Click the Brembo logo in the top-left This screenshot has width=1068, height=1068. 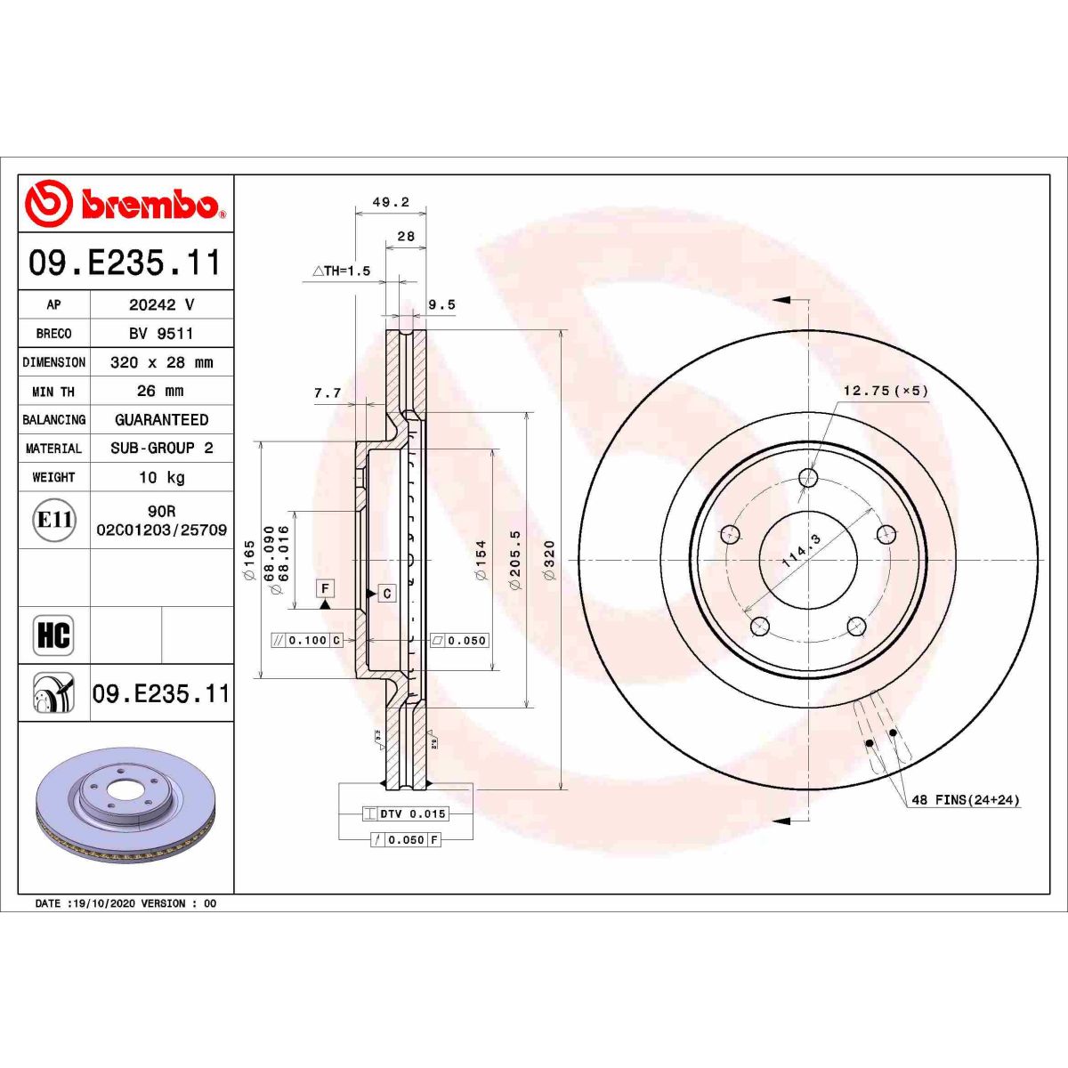click(x=125, y=204)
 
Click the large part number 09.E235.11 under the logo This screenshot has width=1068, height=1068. click(x=125, y=263)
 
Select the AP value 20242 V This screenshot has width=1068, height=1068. click(x=161, y=304)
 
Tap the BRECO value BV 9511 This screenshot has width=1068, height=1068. click(x=161, y=333)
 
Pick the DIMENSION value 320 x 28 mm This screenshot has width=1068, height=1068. click(x=161, y=362)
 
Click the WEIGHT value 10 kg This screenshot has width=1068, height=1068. click(x=161, y=477)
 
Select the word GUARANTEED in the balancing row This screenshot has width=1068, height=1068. click(x=161, y=419)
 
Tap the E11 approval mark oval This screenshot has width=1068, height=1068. click(x=54, y=520)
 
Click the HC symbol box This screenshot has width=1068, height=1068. click(x=53, y=635)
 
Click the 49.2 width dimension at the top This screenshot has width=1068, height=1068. click(x=390, y=203)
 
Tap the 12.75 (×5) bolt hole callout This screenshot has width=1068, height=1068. click(x=886, y=391)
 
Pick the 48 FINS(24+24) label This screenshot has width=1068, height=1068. click(x=966, y=800)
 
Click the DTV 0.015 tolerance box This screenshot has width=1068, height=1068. click(x=405, y=813)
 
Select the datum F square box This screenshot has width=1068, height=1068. click(x=326, y=588)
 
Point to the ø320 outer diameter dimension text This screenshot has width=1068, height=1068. click(x=549, y=560)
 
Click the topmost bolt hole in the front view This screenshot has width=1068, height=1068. click(x=808, y=478)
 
